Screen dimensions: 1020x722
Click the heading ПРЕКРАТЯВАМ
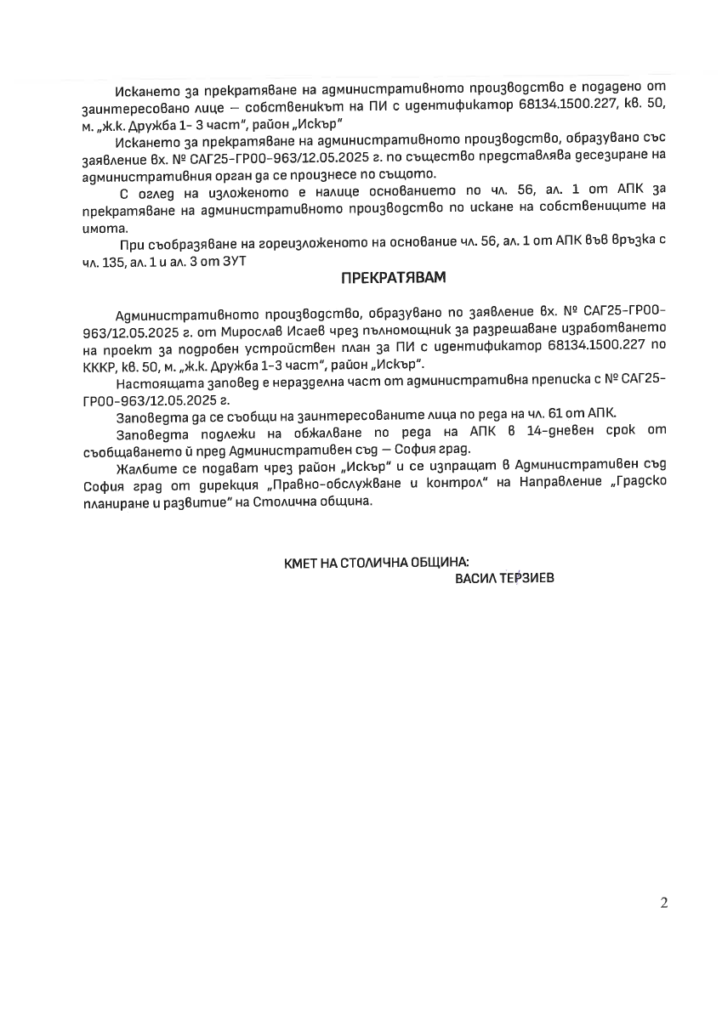coord(393,279)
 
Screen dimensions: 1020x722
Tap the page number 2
coord(663,903)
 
